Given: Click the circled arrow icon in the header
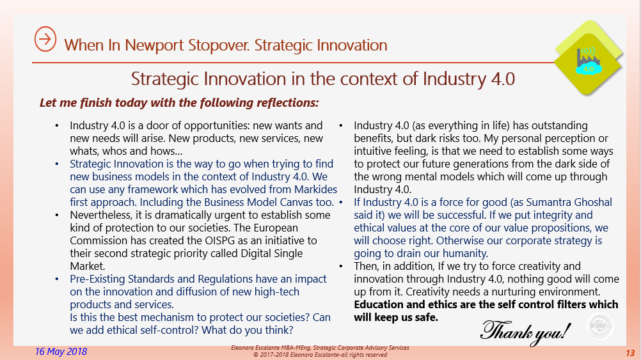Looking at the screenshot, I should tap(45, 39).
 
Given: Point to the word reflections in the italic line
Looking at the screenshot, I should tap(286, 102).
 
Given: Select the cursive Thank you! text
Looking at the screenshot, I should tap(525, 329).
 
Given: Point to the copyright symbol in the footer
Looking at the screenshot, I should tap(256, 354).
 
